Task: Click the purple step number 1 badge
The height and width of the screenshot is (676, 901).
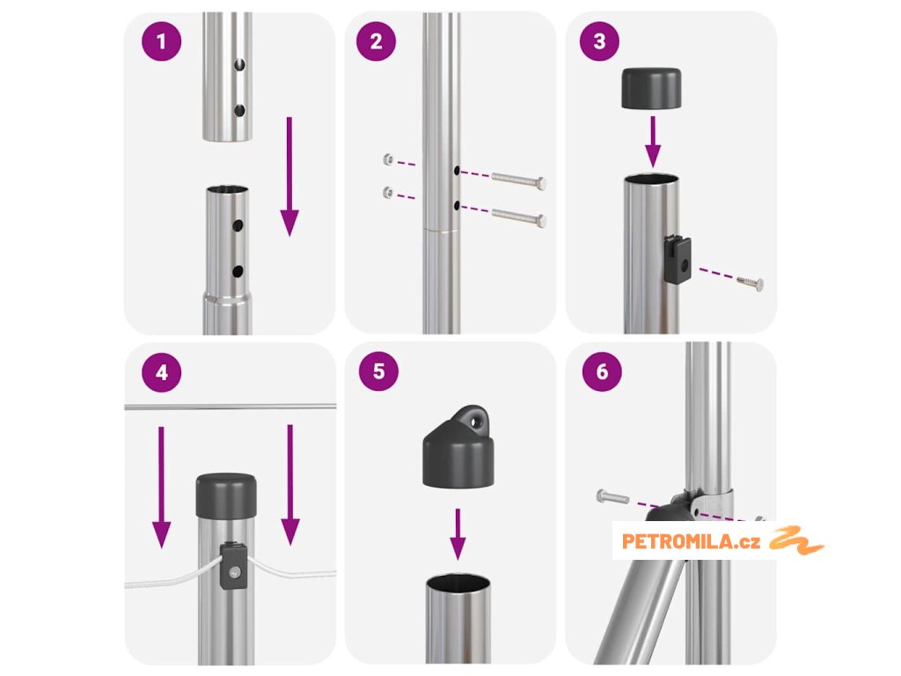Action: click(x=162, y=41)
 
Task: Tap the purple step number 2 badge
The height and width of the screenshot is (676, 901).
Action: click(x=377, y=41)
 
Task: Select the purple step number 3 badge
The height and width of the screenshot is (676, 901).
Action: click(x=599, y=40)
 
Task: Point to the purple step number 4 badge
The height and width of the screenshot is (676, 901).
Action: click(x=162, y=372)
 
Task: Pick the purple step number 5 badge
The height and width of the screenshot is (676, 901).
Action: click(x=378, y=371)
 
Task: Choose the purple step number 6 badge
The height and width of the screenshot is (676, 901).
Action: click(x=602, y=371)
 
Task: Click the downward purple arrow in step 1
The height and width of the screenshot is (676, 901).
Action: click(x=289, y=176)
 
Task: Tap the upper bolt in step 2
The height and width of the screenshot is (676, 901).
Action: click(x=518, y=180)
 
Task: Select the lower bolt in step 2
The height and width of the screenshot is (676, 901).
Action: click(x=518, y=217)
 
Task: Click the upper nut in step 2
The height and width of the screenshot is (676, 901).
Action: click(x=388, y=159)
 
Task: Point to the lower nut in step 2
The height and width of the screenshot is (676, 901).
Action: click(x=388, y=193)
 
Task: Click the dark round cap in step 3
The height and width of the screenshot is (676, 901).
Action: click(x=651, y=88)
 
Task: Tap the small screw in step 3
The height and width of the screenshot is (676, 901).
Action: click(x=751, y=283)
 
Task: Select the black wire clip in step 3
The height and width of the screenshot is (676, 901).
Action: click(x=678, y=260)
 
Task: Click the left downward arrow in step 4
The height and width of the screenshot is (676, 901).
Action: click(x=162, y=487)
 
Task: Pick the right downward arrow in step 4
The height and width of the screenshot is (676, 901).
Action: click(x=290, y=485)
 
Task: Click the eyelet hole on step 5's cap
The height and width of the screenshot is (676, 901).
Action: click(x=476, y=422)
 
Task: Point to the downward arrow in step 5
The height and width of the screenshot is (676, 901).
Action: click(x=458, y=534)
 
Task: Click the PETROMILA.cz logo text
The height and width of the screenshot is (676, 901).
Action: click(x=692, y=541)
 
